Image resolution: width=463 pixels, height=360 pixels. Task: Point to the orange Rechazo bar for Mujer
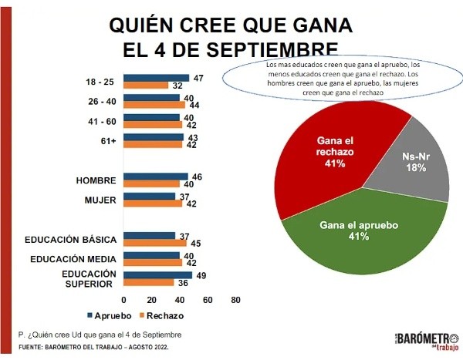click(153, 204)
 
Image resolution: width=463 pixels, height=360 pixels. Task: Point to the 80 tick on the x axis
click(236, 300)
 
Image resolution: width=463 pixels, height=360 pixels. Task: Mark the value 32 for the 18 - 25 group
click(177, 85)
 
